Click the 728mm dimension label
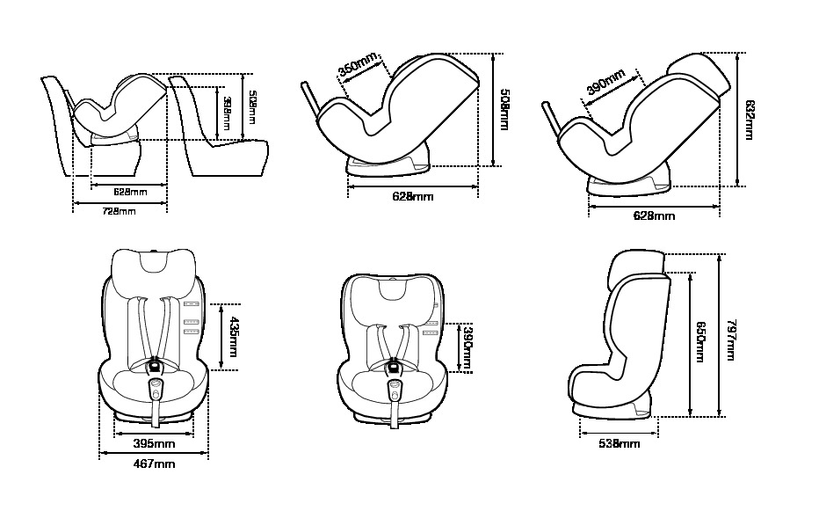(x=119, y=212)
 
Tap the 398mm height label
(x=227, y=114)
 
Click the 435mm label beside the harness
(x=233, y=338)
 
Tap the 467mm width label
(x=154, y=464)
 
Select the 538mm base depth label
(x=618, y=444)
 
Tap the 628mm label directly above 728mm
(x=130, y=191)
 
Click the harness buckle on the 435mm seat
(x=154, y=364)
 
